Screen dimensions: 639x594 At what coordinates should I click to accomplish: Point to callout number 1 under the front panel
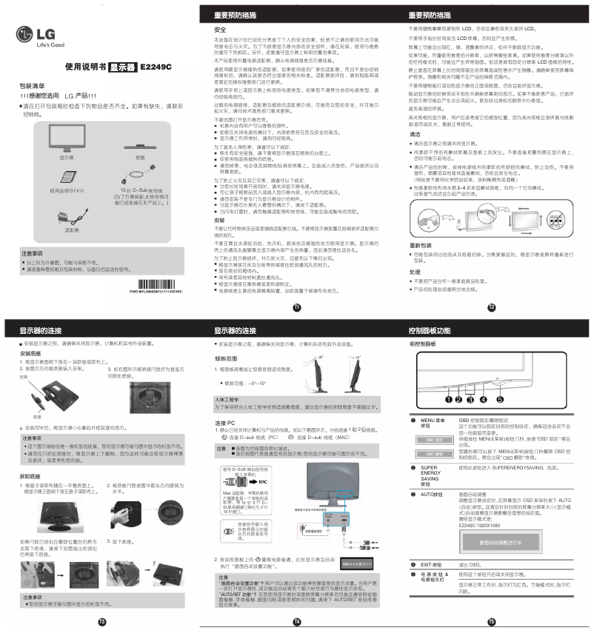click(448, 400)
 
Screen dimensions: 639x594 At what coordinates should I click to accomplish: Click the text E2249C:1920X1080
click(482, 525)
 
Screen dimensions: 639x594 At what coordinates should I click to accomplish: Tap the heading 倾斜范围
click(226, 357)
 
